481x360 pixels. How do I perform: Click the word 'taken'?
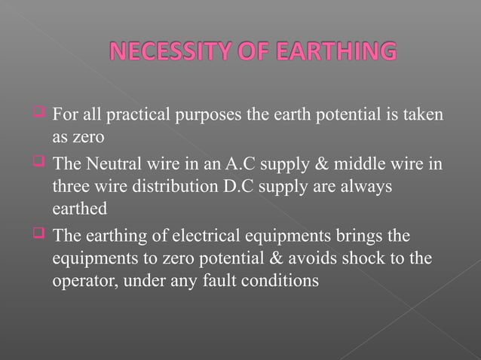[x=423, y=117]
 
